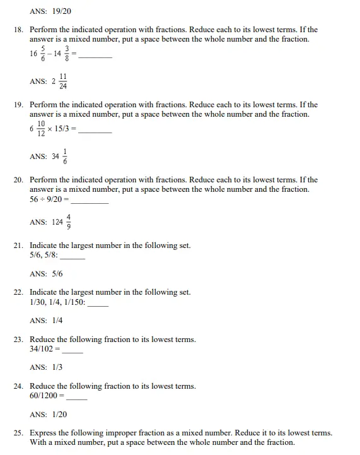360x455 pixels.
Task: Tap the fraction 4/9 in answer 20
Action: click(x=68, y=222)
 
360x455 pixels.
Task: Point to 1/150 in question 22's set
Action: click(x=73, y=302)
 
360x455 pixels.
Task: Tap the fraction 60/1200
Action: click(x=44, y=396)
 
